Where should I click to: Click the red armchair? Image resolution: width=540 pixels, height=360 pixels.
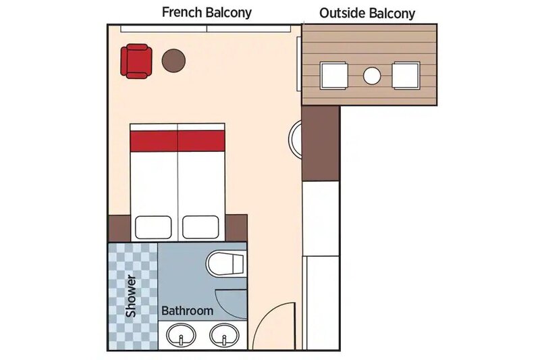pyautogui.click(x=136, y=61)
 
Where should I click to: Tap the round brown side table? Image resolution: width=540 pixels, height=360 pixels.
pyautogui.click(x=173, y=61)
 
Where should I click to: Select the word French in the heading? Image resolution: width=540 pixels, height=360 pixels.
pyautogui.click(x=182, y=12)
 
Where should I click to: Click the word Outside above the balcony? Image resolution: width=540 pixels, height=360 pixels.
pyautogui.click(x=342, y=13)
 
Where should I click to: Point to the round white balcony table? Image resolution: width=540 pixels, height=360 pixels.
pyautogui.click(x=372, y=76)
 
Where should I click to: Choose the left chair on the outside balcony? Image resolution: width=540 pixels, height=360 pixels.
pyautogui.click(x=333, y=76)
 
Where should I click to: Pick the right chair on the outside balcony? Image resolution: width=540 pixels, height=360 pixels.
pyautogui.click(x=406, y=76)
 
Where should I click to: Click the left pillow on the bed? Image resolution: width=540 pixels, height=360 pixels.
pyautogui.click(x=153, y=228)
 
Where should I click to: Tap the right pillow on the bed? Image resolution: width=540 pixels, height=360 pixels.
pyautogui.click(x=200, y=228)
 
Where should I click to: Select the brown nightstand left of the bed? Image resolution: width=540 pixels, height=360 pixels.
pyautogui.click(x=119, y=228)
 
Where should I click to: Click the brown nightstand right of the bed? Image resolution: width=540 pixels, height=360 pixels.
pyautogui.click(x=236, y=228)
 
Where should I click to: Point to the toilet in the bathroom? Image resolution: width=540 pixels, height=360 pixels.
pyautogui.click(x=226, y=263)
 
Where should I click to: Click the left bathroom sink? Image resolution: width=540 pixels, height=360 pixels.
pyautogui.click(x=181, y=335)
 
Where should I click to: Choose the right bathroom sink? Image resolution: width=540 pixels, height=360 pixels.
pyautogui.click(x=225, y=335)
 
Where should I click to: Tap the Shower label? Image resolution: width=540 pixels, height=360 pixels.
pyautogui.click(x=131, y=296)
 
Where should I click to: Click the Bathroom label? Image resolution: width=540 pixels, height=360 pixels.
pyautogui.click(x=188, y=311)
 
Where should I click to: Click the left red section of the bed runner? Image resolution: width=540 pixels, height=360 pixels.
pyautogui.click(x=154, y=141)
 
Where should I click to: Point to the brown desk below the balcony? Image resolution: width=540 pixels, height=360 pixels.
pyautogui.click(x=321, y=143)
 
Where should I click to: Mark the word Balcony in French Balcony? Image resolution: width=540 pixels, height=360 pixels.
pyautogui.click(x=229, y=13)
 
